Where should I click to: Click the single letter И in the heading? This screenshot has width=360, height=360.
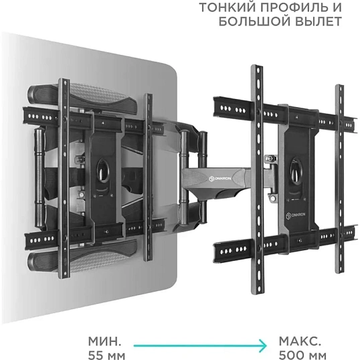(337, 9)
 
